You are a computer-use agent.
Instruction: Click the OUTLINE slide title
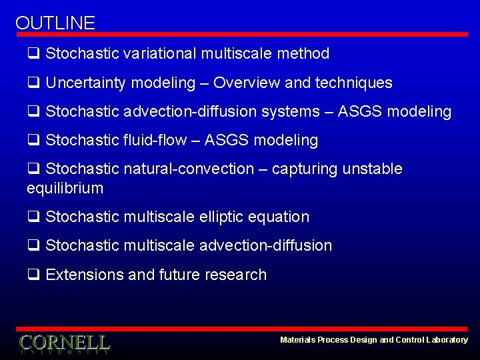pos(55,23)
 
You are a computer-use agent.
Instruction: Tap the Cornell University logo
pos(65,343)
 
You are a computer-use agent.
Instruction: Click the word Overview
pos(247,83)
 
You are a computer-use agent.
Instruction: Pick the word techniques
pos(353,83)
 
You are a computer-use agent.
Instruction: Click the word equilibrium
pos(65,189)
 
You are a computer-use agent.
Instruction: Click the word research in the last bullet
pos(237,275)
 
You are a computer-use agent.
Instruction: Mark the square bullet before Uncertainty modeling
pos(33,83)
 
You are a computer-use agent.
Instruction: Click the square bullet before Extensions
pos(33,275)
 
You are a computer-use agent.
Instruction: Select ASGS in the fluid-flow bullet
pos(227,141)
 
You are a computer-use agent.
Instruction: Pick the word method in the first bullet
pos(305,53)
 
